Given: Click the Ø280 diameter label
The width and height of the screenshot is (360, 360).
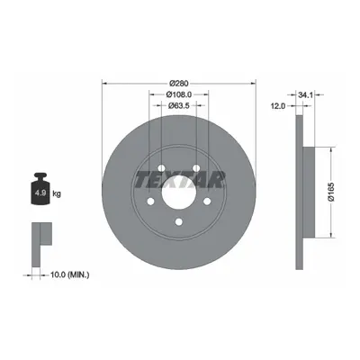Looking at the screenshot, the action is (179, 84).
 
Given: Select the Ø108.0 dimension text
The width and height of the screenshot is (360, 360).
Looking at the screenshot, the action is (179, 94).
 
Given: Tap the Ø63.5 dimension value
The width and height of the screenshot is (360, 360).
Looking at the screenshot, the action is (178, 105).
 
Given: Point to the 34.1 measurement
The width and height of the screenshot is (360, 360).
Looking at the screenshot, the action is (305, 95).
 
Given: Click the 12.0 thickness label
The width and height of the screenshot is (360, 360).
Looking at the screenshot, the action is (279, 106).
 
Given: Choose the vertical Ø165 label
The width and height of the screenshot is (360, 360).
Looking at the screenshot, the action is (331, 192).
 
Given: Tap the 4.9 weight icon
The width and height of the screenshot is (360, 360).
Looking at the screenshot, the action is (40, 188).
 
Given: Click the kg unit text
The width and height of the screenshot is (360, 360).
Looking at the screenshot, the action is (57, 193).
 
